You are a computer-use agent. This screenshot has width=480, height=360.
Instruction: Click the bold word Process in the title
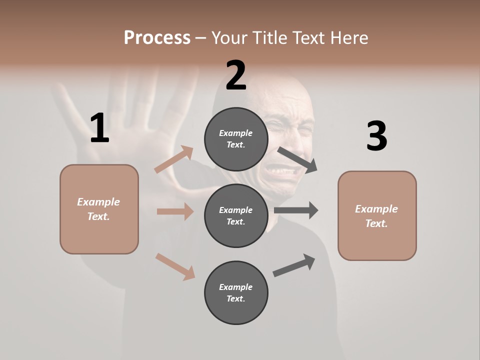tap(157, 37)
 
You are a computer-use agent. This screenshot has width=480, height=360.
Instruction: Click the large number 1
tap(99, 128)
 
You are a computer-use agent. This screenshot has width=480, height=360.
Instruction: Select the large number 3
tap(376, 136)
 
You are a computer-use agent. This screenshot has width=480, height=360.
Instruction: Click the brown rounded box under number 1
tap(99, 209)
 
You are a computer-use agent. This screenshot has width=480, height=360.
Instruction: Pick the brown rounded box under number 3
tap(377, 215)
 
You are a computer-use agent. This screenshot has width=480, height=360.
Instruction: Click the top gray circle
tap(236, 139)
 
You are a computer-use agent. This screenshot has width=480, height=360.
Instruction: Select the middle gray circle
tap(236, 215)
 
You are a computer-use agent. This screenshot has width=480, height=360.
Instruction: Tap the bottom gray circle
tap(236, 292)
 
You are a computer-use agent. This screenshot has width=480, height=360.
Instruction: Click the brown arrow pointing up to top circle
tap(174, 159)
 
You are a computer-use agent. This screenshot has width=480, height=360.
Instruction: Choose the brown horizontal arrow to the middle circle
tap(175, 211)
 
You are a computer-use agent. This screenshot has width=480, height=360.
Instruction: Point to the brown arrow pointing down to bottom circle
tap(175, 266)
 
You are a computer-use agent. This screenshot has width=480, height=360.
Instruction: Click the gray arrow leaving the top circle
tap(297, 160)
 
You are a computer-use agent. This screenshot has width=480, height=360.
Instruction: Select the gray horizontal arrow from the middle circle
tap(296, 210)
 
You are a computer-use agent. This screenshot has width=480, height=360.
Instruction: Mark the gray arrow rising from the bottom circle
tap(294, 265)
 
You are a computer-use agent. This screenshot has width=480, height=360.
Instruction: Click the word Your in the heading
tap(229, 37)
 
